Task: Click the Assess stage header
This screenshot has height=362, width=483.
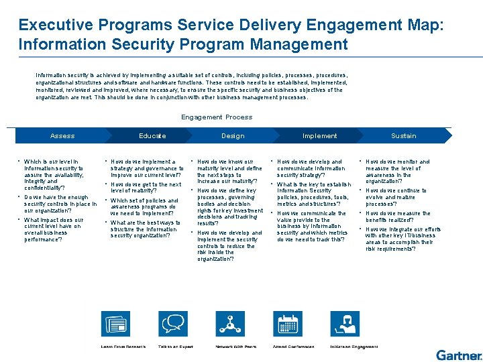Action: click(x=62, y=136)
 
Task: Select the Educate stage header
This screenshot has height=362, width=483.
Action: click(x=152, y=136)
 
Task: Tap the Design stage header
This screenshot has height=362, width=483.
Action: click(x=233, y=136)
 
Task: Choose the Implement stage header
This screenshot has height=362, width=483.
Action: click(x=319, y=136)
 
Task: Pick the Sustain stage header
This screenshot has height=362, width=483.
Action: click(x=404, y=136)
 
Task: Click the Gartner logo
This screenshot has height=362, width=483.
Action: click(x=458, y=355)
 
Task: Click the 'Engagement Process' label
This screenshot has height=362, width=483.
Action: click(x=217, y=117)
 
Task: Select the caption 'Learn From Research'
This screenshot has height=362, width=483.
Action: click(x=123, y=347)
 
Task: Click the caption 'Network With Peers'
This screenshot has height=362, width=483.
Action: click(x=235, y=347)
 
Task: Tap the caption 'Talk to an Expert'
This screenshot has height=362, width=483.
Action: click(x=176, y=347)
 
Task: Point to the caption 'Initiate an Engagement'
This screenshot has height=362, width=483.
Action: click(x=354, y=347)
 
